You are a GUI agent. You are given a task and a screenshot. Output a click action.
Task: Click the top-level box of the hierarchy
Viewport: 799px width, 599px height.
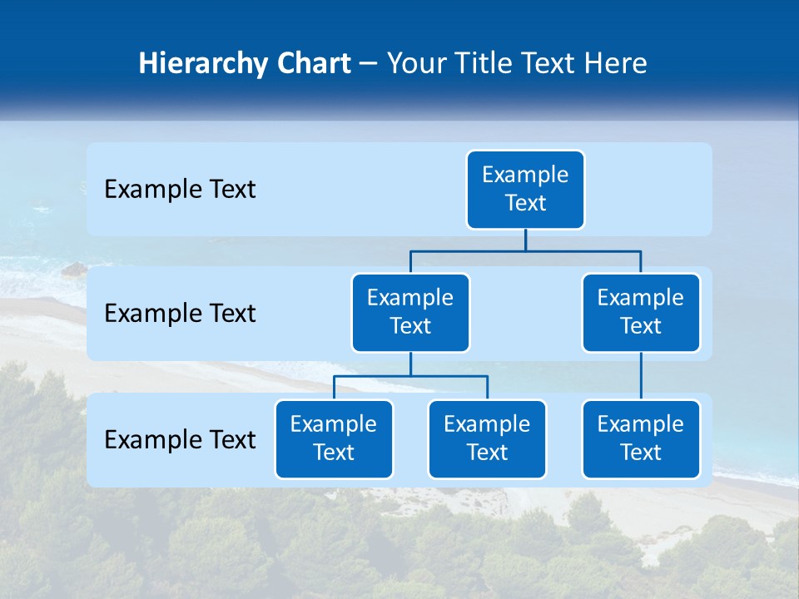pyautogui.click(x=525, y=190)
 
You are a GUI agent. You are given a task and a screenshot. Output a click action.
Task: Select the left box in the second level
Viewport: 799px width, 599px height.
pyautogui.click(x=410, y=313)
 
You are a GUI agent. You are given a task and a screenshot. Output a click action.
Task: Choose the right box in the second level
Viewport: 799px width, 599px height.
pyautogui.click(x=641, y=313)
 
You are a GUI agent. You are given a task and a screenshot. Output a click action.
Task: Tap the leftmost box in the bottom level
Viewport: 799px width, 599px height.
pyautogui.click(x=334, y=439)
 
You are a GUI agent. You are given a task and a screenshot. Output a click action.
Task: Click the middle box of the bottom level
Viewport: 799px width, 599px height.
pyautogui.click(x=487, y=439)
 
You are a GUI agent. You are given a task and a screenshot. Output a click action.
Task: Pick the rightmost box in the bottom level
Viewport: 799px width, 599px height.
pyautogui.click(x=641, y=439)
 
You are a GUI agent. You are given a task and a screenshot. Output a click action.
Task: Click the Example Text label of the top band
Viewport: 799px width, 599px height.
pyautogui.click(x=180, y=190)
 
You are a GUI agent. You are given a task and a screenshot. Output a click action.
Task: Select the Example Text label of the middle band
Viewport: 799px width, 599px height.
pyautogui.click(x=180, y=314)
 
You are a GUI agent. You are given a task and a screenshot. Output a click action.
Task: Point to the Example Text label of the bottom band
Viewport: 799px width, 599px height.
pyautogui.click(x=180, y=439)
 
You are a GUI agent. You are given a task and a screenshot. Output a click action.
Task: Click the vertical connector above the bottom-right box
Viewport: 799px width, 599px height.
pyautogui.click(x=641, y=376)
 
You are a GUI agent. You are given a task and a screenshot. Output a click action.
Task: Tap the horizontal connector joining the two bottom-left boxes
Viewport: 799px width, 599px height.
pyautogui.click(x=410, y=376)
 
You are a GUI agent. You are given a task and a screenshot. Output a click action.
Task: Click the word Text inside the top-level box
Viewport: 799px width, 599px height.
pyautogui.click(x=525, y=203)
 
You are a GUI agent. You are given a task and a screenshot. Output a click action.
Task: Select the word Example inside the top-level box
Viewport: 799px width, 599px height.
pyautogui.click(x=525, y=175)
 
